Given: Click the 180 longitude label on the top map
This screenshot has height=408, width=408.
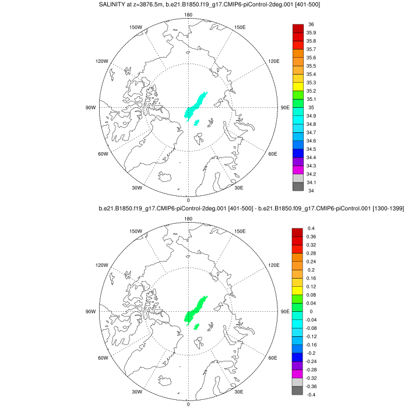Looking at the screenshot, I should [x=188, y=15].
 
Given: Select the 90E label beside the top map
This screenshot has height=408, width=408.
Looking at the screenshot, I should [x=286, y=108].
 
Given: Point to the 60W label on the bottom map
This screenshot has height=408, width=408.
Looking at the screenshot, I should [x=104, y=358].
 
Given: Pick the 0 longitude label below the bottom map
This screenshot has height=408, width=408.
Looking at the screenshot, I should [x=188, y=404].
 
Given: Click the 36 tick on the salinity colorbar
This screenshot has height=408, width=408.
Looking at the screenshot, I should [x=311, y=24].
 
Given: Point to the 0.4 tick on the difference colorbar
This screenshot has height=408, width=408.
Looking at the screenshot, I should [x=311, y=228].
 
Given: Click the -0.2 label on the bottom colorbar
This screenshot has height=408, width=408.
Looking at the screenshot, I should [x=312, y=353].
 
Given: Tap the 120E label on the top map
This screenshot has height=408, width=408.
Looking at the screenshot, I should [x=275, y=61].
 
